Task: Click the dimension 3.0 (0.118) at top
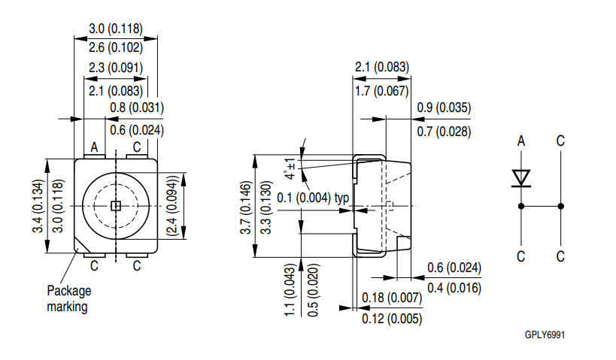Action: (x=115, y=29)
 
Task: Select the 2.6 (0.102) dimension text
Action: (x=115, y=47)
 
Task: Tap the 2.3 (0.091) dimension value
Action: (x=115, y=68)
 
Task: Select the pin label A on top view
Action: (x=95, y=147)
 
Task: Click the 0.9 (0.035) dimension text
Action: (x=444, y=108)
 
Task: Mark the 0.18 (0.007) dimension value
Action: (x=392, y=298)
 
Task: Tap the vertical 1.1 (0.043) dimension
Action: (x=290, y=289)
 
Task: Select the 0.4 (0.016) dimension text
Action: (x=454, y=288)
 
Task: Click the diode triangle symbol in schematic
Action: (x=520, y=177)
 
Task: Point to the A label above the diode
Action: (x=520, y=141)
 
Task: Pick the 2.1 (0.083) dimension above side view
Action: (x=382, y=68)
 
